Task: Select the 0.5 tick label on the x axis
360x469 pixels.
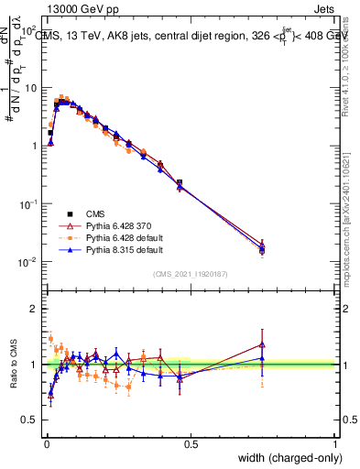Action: click(x=191, y=443)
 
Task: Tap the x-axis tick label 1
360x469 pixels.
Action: click(x=335, y=443)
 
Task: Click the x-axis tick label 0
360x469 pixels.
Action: click(x=46, y=443)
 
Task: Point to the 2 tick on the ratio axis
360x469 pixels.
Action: click(x=35, y=309)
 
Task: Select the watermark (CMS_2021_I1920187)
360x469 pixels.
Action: click(x=191, y=275)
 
